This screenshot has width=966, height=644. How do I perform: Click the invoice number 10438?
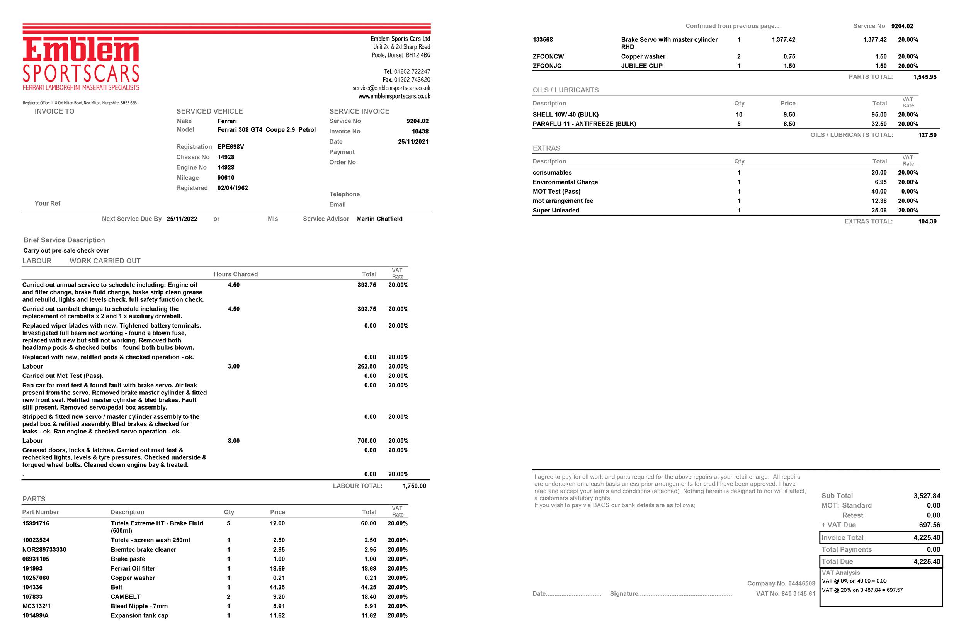point(420,131)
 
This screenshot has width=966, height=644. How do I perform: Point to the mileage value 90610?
point(226,178)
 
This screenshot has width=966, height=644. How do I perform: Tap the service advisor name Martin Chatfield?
point(379,219)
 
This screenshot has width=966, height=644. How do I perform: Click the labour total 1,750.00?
point(414,486)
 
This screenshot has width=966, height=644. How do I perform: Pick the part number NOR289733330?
point(44,549)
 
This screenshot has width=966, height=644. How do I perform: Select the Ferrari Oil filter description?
point(133,568)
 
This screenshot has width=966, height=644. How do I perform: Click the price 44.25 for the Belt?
point(277,587)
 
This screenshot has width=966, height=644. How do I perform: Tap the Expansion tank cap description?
point(139,615)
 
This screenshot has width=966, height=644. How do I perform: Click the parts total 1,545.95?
point(925,77)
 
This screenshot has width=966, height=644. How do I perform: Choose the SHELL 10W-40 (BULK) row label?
point(565,115)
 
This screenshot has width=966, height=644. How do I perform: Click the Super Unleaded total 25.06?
point(879,210)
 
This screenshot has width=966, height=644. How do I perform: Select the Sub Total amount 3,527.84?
point(927,496)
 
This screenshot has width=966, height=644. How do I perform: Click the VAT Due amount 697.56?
point(929,525)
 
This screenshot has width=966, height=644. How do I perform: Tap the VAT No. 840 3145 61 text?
point(785,593)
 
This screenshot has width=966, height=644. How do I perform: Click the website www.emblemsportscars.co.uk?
point(394,96)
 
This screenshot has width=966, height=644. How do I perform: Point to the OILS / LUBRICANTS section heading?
point(565,90)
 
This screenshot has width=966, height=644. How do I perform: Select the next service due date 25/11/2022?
point(182,219)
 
